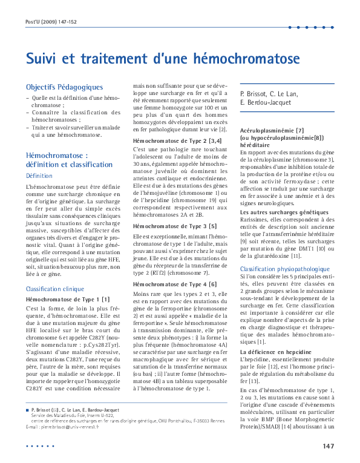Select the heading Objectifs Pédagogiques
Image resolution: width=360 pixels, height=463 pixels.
click(64, 87)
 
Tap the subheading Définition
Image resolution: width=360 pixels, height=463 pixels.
click(39, 176)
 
